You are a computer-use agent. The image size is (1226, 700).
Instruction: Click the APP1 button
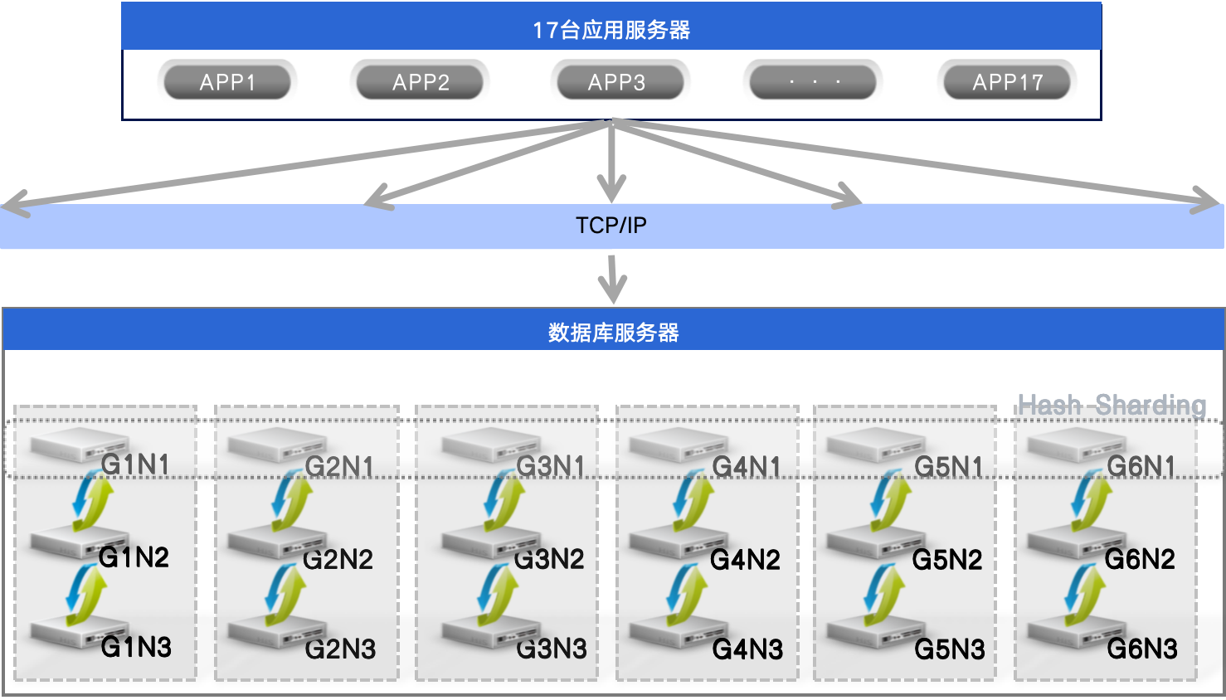pyautogui.click(x=227, y=82)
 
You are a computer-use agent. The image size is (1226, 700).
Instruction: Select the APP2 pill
pyautogui.click(x=421, y=82)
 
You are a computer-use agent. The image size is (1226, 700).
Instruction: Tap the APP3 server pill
pyautogui.click(x=616, y=82)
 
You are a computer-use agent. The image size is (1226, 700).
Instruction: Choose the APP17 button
pyautogui.click(x=1007, y=82)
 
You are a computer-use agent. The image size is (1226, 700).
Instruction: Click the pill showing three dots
pyautogui.click(x=813, y=82)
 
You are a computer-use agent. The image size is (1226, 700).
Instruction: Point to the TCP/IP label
pyautogui.click(x=611, y=226)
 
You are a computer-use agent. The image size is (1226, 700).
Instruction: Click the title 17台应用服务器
pyautogui.click(x=611, y=30)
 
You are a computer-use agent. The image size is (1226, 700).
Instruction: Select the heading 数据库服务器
pyautogui.click(x=613, y=333)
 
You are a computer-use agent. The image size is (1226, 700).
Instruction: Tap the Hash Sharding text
pyautogui.click(x=1112, y=405)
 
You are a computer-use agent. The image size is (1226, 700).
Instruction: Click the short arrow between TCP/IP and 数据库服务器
pyautogui.click(x=612, y=279)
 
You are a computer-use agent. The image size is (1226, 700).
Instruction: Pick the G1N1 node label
pyautogui.click(x=135, y=464)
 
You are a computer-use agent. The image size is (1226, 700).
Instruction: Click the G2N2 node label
pyautogui.click(x=338, y=559)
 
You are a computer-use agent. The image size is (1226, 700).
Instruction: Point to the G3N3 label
pyautogui.click(x=552, y=648)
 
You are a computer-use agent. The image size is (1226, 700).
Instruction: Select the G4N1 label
pyautogui.click(x=747, y=467)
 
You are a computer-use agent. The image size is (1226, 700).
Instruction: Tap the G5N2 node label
pyautogui.click(x=947, y=560)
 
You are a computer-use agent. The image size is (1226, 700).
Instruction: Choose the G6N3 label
pyautogui.click(x=1142, y=648)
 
